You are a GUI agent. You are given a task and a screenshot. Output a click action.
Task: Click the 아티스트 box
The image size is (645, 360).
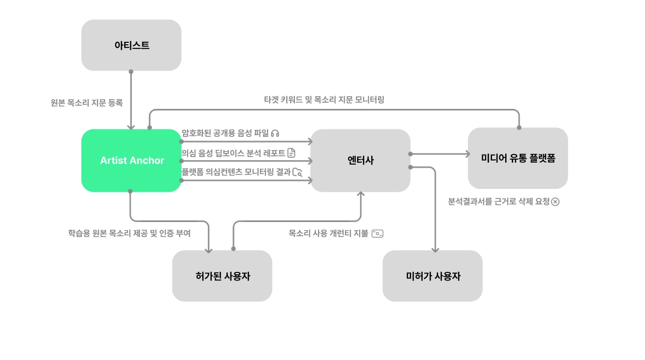coord(131,45)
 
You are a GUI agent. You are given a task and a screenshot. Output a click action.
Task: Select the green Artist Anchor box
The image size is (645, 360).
coord(131,161)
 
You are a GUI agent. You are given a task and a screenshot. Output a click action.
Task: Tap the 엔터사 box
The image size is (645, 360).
coord(360,161)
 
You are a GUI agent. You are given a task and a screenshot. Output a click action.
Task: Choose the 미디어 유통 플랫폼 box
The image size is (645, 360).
coord(518,158)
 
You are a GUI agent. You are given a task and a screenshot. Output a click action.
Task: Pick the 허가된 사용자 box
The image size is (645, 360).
coord(222,276)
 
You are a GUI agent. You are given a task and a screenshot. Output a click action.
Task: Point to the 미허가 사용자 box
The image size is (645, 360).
coord(433,276)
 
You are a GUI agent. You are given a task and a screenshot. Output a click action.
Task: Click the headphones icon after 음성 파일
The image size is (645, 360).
coord(275,133)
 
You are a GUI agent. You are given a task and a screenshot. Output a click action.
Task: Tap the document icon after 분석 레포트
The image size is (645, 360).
coord(291,153)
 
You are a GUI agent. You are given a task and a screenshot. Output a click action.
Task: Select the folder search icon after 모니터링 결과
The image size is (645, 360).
coord(297,172)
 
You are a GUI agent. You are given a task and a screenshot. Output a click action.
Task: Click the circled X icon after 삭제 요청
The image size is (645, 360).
coord(555,202)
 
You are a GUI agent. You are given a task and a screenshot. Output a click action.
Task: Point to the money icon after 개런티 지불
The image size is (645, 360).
coord(377,234)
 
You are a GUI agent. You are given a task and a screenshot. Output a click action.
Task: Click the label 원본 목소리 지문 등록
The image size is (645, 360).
coord(87,103)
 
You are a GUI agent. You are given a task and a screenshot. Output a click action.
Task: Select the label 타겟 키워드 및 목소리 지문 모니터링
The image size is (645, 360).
coord(324,100)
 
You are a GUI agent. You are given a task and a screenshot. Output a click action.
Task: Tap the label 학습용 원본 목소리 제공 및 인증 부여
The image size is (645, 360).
coord(129,234)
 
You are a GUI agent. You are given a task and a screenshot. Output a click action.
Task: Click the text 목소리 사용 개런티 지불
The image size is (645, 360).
coord(328,234)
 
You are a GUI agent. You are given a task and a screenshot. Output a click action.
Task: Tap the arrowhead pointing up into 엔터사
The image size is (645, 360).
coord(360,194)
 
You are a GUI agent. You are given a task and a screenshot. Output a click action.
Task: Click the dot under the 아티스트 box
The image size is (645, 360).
coord(131,71)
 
